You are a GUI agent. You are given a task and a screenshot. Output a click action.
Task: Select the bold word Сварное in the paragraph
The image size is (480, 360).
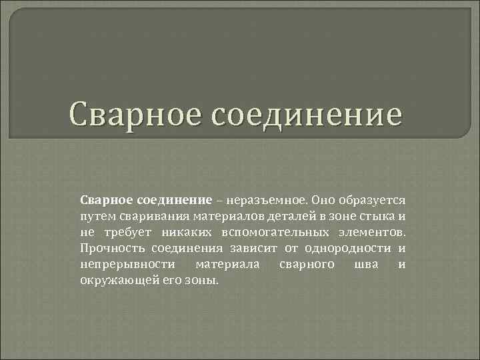click(x=105, y=201)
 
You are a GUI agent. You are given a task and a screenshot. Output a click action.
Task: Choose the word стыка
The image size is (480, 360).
click(x=377, y=217)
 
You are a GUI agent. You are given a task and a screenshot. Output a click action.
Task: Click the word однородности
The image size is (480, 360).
click(x=353, y=249)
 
